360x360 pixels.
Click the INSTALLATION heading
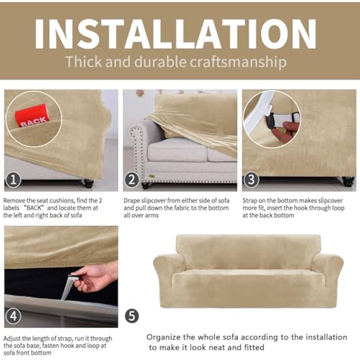tap(176, 34)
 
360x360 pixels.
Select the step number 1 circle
tap(13, 180)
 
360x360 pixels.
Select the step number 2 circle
tap(132, 180)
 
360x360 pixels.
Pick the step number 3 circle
tap(251, 180)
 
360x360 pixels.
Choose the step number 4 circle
tap(13, 316)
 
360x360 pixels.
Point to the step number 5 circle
tap(132, 316)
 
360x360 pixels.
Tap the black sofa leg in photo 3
tap(348, 181)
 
